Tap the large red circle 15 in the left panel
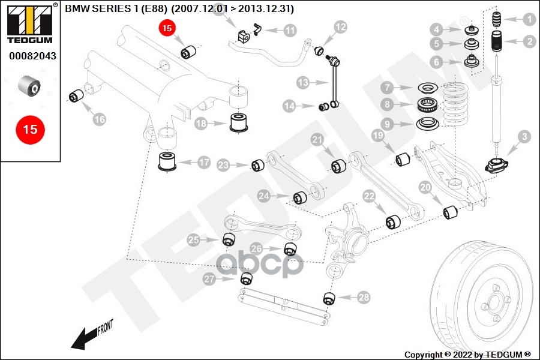30,129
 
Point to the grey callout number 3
524,137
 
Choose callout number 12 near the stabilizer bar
340,26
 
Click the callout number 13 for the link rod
302,82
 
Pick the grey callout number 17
204,161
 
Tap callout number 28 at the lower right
364,297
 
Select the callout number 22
368,196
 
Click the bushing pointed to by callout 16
76,95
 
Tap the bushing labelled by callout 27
245,278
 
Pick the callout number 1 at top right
529,19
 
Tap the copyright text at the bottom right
467,355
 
